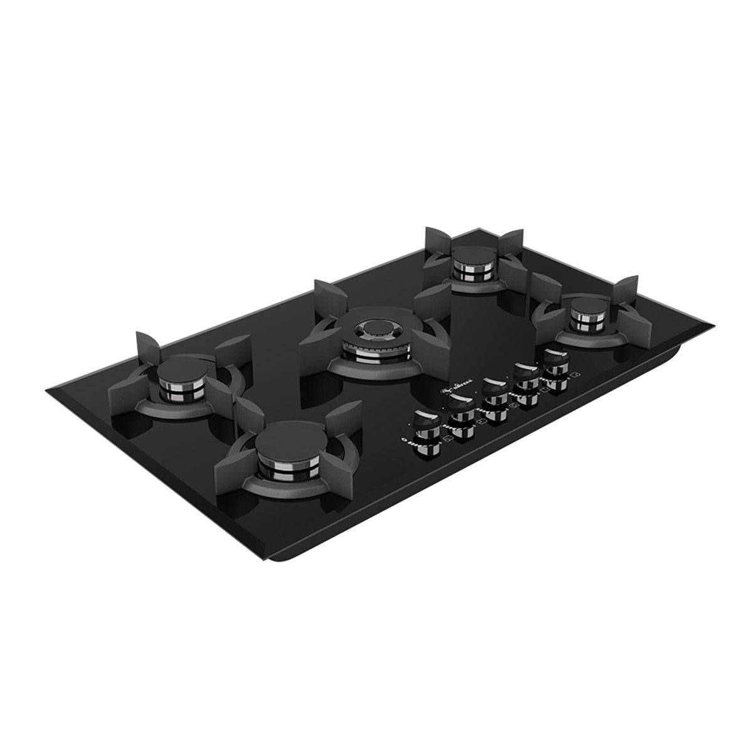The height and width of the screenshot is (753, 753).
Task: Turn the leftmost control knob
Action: coord(426,427)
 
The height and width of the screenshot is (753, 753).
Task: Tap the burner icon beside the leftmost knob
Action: coord(448,444)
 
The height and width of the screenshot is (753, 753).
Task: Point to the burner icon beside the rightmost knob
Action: coord(576,375)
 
